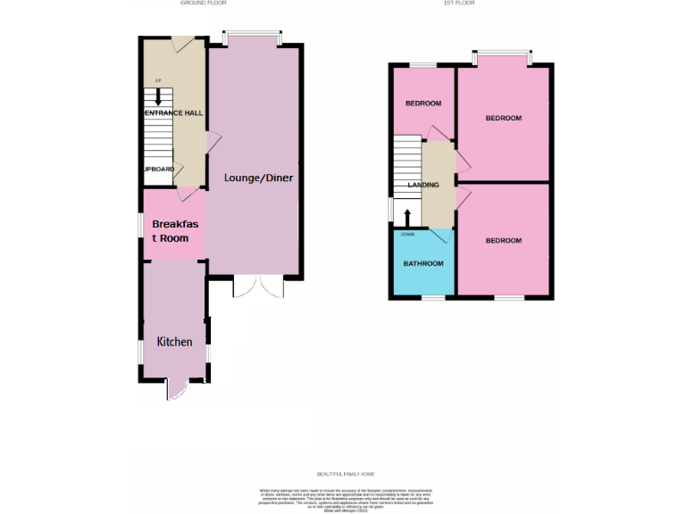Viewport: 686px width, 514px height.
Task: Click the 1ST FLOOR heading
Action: (x=459, y=4)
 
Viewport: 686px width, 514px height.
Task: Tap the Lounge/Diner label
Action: (x=258, y=178)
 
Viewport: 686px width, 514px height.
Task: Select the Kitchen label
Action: (x=174, y=342)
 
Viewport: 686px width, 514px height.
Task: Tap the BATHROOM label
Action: (x=422, y=263)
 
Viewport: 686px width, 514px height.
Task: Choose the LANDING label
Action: (x=423, y=185)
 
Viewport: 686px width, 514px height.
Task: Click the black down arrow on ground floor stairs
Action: (x=159, y=95)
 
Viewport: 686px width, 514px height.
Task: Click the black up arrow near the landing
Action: (x=407, y=217)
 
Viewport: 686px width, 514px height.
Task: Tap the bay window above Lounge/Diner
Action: (x=254, y=37)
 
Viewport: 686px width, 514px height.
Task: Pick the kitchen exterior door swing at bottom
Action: (x=175, y=390)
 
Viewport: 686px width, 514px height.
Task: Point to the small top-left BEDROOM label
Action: (x=422, y=104)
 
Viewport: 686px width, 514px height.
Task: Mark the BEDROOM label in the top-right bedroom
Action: (x=503, y=118)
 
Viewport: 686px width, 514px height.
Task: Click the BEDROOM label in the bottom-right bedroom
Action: (x=503, y=241)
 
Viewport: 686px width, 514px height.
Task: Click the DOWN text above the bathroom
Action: (x=407, y=234)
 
